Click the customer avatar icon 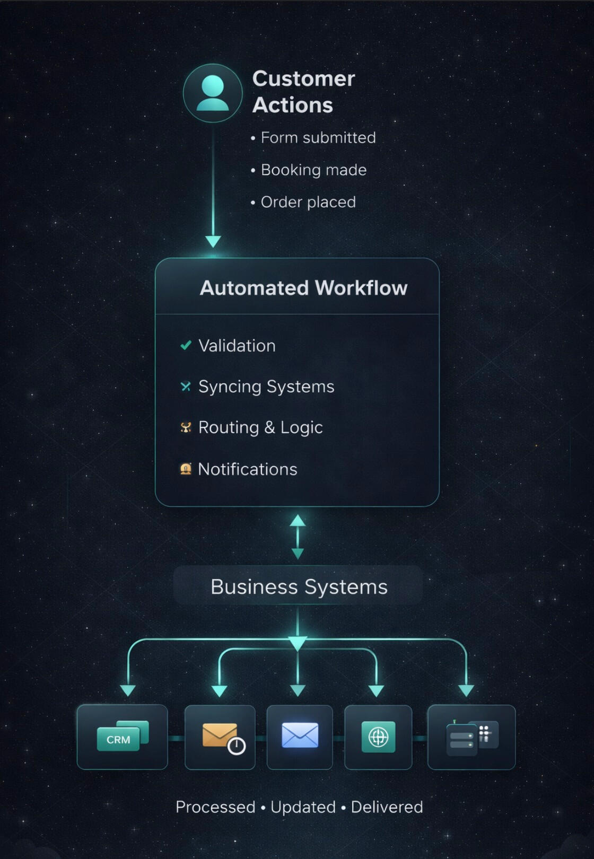point(213,93)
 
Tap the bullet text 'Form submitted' point(318,138)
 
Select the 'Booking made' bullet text point(313,170)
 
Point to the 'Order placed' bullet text point(308,202)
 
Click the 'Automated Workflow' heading point(303,288)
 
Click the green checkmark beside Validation point(186,346)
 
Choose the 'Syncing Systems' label point(266,387)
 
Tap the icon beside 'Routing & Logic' point(186,427)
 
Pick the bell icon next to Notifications point(186,469)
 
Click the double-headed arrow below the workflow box point(298,537)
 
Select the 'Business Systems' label point(299,587)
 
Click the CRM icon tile point(122,737)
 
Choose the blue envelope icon point(300,736)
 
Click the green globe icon point(378,737)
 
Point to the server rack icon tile point(471,737)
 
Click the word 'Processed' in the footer point(215,807)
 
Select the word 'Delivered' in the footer point(387,807)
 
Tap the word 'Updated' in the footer point(303,807)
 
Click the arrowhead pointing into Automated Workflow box point(213,242)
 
